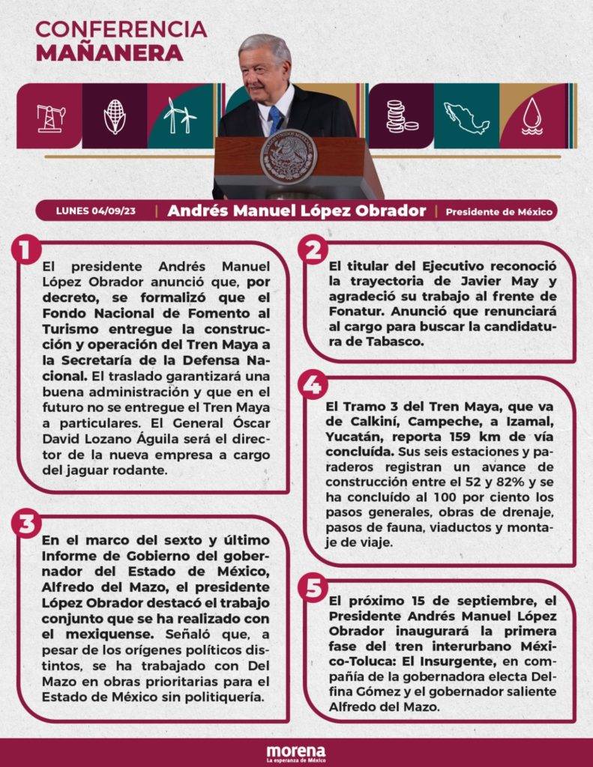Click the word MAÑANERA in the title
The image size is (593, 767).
109,52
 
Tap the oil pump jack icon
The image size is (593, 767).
50,117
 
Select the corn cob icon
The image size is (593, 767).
115,117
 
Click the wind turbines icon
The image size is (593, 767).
180,116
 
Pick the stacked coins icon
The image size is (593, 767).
400,117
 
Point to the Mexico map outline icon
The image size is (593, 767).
466,118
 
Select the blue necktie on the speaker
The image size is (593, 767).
275,120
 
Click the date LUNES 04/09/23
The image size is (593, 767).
95,210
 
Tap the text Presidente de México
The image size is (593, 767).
499,211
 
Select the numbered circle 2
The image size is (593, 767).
313,250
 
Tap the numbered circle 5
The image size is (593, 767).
313,587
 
